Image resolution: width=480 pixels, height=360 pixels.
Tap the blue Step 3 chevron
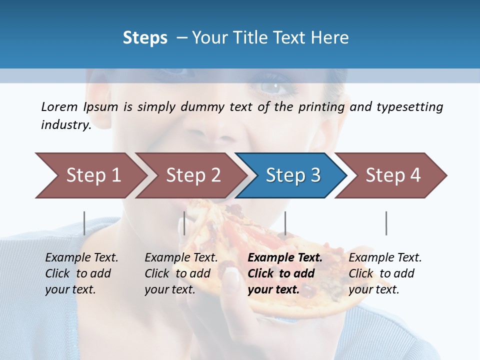(x=292, y=175)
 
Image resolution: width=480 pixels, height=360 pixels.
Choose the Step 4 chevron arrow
(x=392, y=175)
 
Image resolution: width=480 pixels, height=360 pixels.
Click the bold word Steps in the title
(x=145, y=38)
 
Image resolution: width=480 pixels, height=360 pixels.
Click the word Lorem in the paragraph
(x=59, y=107)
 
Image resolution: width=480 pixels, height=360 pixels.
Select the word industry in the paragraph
(x=65, y=125)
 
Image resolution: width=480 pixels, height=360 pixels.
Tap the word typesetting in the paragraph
(x=409, y=107)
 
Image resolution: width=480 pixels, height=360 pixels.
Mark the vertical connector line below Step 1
(x=84, y=223)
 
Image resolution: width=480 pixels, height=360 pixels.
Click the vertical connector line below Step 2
(x=184, y=223)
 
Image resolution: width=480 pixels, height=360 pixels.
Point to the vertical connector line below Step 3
(x=285, y=223)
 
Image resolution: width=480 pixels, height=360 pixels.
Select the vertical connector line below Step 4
(x=386, y=223)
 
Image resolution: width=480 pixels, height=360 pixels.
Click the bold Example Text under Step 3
(x=285, y=258)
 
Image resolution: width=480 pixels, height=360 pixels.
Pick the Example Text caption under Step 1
(x=81, y=258)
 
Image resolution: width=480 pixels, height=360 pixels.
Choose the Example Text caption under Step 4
(x=385, y=258)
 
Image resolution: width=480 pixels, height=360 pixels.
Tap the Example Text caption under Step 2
(x=181, y=258)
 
